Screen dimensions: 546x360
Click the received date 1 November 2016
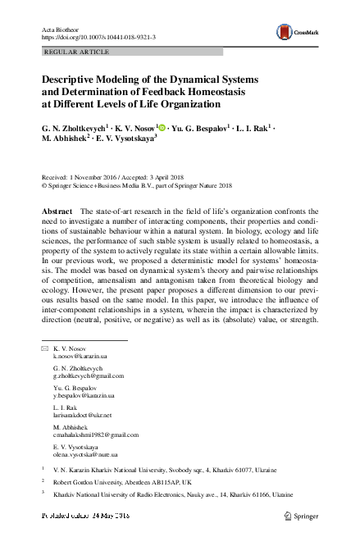tap(89, 177)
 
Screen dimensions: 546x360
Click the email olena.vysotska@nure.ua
tap(87, 453)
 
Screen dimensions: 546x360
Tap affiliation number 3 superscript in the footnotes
tap(42, 494)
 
